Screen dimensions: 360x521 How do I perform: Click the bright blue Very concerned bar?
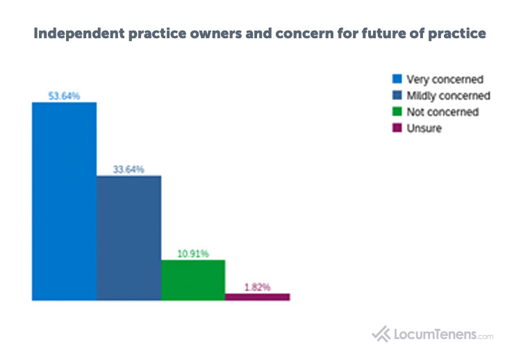64,202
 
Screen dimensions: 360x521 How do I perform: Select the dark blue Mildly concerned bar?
129,238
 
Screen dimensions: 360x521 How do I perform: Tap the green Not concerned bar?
193,280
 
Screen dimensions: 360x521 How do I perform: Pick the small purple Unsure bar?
257,297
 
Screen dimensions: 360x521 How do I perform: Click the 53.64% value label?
64,96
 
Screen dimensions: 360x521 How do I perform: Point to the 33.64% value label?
129,170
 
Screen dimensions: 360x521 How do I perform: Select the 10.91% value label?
193,254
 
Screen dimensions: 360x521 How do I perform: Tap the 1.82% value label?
257,286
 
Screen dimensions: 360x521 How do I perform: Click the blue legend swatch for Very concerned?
397,79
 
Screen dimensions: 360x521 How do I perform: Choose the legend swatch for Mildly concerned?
397,95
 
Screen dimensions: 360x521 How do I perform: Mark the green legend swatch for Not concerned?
397,112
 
